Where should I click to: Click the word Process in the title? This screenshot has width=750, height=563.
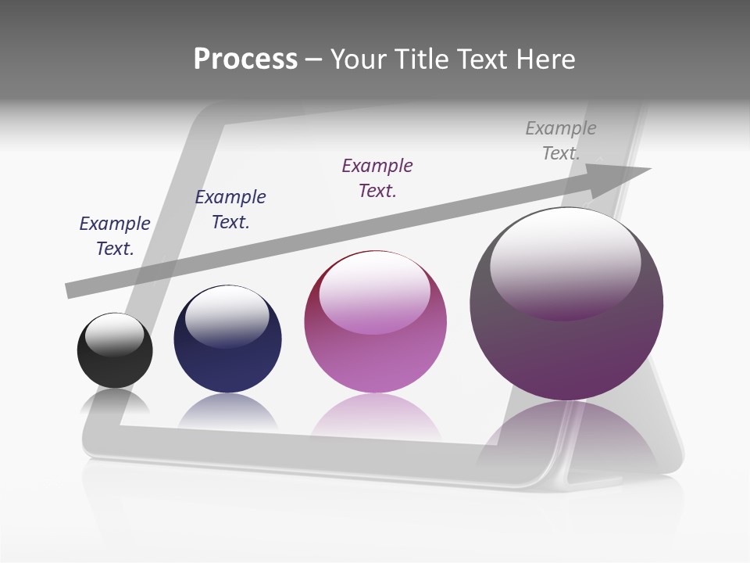[245, 59]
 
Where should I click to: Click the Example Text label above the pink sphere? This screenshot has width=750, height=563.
[377, 178]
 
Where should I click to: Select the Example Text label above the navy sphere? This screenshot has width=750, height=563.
[230, 210]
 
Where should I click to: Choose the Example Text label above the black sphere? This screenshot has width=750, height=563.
[115, 236]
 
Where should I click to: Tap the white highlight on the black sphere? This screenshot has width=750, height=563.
[115, 335]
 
